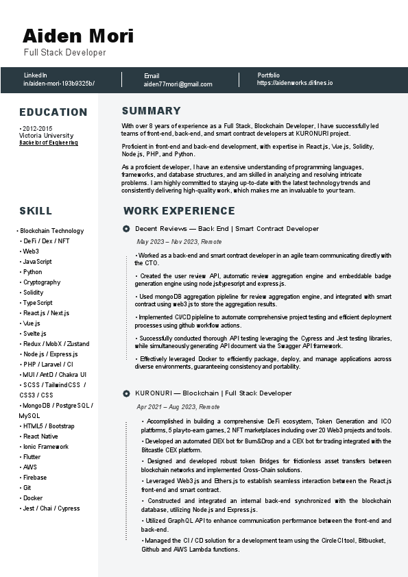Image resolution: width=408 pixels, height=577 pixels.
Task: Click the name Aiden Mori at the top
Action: (78, 36)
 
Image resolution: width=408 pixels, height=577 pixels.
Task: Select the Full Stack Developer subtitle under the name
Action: (65, 53)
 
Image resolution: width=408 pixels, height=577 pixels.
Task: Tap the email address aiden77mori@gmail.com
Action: (178, 84)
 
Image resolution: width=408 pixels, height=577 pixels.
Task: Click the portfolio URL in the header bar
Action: (295, 83)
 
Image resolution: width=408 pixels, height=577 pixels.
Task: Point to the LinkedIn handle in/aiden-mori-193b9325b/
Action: (59, 84)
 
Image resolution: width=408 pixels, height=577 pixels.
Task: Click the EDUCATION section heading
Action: (53, 112)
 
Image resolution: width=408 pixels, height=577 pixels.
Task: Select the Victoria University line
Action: (46, 136)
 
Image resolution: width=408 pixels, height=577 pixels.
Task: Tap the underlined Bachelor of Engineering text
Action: (48, 143)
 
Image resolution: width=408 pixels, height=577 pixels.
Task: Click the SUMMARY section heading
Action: (151, 111)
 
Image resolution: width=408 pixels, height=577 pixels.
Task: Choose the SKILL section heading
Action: (36, 211)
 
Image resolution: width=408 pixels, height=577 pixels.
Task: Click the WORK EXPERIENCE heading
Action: (179, 211)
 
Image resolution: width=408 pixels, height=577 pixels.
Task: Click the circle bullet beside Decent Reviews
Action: (126, 228)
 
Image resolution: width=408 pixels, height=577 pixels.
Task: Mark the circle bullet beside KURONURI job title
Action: (126, 393)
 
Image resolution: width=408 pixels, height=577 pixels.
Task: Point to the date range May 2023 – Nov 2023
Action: (179, 242)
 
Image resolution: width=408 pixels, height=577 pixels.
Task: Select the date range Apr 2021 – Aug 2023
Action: (178, 406)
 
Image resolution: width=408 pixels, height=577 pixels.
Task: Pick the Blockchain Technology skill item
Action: (52, 231)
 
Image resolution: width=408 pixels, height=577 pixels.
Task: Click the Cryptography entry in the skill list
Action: (42, 282)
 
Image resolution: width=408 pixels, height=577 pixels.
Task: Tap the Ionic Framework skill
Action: (46, 447)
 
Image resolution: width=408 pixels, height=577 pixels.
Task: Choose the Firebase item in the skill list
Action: (35, 478)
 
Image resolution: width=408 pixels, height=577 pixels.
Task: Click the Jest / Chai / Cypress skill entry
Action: (51, 508)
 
